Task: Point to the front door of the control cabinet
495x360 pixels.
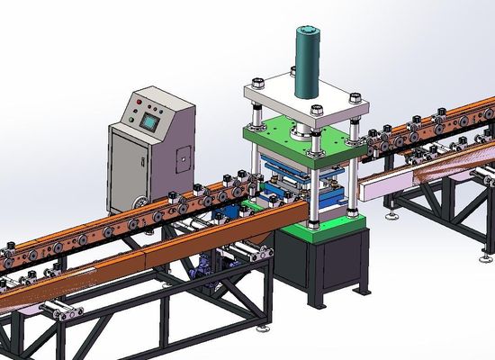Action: [x=135, y=166]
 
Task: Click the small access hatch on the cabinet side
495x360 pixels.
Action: [x=181, y=162]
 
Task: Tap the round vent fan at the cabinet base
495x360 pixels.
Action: [x=138, y=202]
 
